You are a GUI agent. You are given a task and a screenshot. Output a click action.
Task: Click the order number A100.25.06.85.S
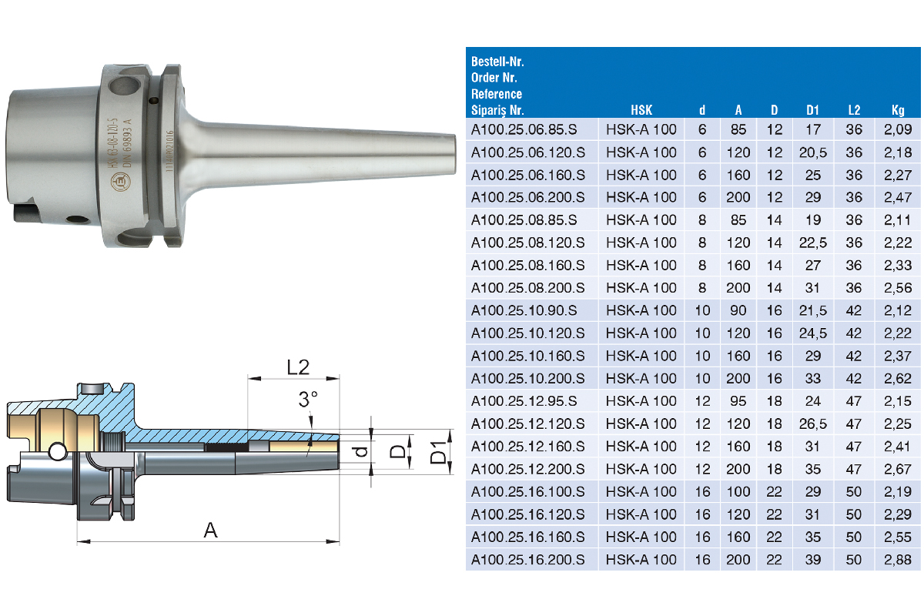(x=524, y=129)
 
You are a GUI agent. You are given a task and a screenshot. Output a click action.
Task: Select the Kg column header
(x=898, y=110)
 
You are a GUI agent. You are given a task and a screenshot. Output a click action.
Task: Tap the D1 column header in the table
(x=812, y=110)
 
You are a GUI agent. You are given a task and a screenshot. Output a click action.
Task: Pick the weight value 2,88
(x=898, y=560)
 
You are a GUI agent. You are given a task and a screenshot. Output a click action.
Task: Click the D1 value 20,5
(x=812, y=152)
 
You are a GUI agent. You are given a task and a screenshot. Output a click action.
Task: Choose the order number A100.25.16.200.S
(x=527, y=560)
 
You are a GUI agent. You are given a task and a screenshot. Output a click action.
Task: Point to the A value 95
(x=738, y=401)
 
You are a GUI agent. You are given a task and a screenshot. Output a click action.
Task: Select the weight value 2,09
(x=898, y=129)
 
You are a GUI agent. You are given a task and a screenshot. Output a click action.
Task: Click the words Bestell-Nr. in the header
(x=497, y=62)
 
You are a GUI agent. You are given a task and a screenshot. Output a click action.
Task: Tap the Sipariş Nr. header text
(x=497, y=110)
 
